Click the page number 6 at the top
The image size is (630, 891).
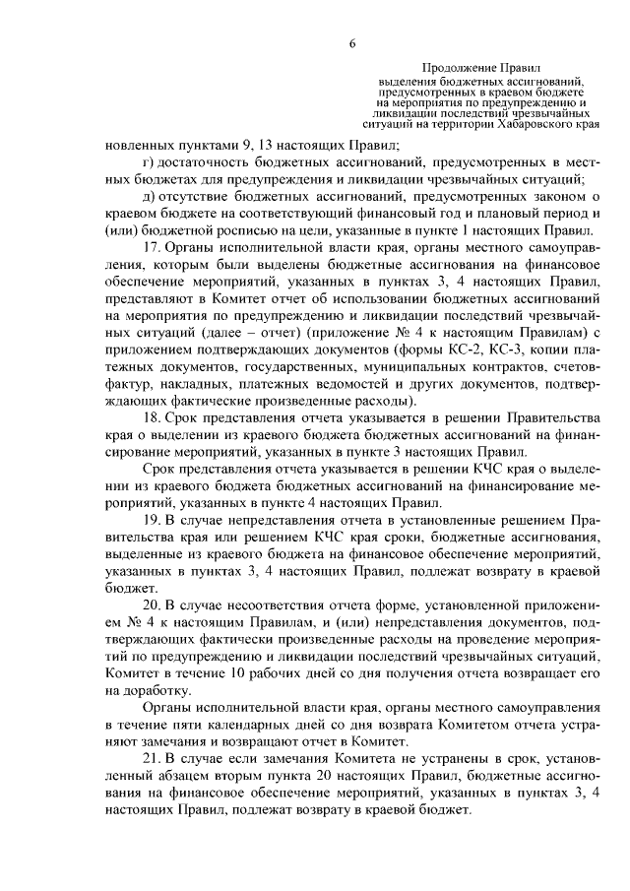point(351,40)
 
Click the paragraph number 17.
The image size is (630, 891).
point(153,249)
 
